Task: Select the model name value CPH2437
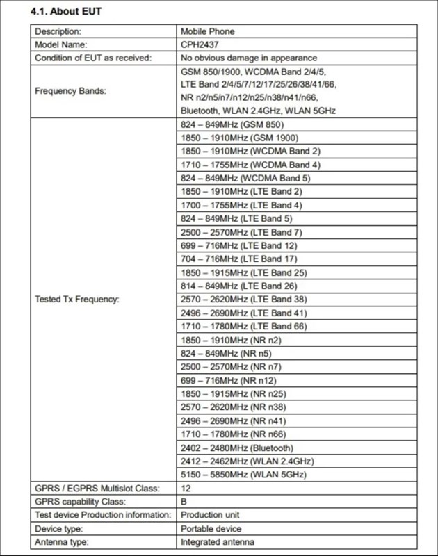tap(200, 44)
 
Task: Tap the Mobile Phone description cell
tap(208, 31)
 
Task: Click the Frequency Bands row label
tap(71, 91)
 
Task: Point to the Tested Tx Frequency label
tap(77, 300)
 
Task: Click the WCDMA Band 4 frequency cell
tap(250, 165)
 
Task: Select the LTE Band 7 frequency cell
tap(241, 232)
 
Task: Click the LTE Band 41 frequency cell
tap(243, 313)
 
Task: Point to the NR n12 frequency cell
tap(228, 381)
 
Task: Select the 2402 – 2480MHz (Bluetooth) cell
tap(236, 448)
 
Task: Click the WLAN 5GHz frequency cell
tap(243, 475)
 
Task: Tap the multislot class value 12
tap(186, 489)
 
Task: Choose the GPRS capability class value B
tap(184, 502)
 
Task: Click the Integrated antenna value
tap(217, 542)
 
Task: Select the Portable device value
tap(211, 529)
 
